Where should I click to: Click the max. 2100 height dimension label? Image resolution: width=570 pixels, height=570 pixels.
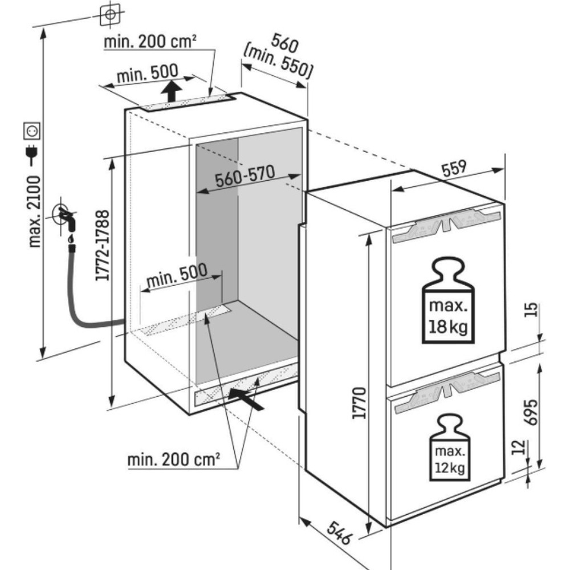point(35,211)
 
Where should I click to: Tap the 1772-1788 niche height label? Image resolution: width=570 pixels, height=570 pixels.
point(103,245)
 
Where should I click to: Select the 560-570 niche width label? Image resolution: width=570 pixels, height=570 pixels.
point(245,176)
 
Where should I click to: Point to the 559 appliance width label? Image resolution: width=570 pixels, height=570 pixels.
point(454,168)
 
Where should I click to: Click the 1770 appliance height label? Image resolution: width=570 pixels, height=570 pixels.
point(360,403)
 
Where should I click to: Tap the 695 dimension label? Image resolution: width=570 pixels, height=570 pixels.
point(531,412)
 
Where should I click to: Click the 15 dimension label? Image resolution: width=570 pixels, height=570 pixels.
point(531,310)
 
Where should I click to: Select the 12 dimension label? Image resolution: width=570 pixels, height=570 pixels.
point(519,447)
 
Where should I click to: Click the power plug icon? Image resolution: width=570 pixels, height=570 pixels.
point(31,155)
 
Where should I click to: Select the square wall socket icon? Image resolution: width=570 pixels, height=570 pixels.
point(31,131)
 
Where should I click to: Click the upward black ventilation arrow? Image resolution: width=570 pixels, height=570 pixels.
point(171,91)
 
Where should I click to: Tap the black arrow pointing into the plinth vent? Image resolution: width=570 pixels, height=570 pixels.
point(246,400)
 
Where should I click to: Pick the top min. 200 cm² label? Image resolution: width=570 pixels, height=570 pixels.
point(150,42)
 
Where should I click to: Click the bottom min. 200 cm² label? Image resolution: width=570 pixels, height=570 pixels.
point(173,460)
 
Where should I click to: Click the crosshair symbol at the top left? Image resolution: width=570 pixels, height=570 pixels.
point(110,14)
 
